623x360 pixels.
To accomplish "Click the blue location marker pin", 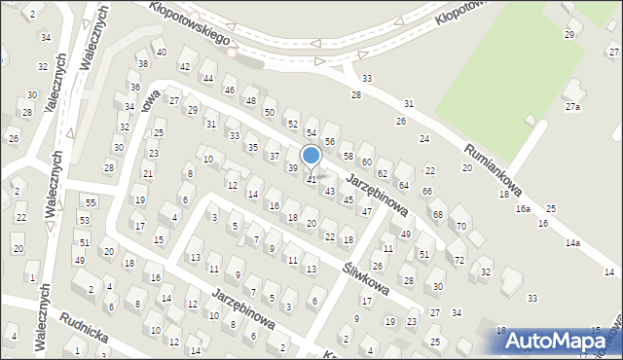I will [311, 156].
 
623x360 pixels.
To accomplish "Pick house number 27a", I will [573, 107].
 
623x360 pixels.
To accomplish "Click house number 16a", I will [523, 209].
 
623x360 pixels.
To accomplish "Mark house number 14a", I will [573, 242].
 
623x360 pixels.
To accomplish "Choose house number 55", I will [91, 202].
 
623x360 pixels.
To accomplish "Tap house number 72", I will [458, 261].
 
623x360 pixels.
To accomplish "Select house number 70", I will [461, 227].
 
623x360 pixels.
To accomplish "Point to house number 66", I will [426, 192].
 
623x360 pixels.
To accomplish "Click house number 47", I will [366, 211].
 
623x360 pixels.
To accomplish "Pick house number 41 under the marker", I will [311, 180].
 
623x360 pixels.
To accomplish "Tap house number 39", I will [293, 168].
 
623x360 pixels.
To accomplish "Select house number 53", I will [84, 222].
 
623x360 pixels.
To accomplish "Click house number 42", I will [185, 66].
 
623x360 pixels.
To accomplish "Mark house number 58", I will [348, 157].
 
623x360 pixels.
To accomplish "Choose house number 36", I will [134, 87].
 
